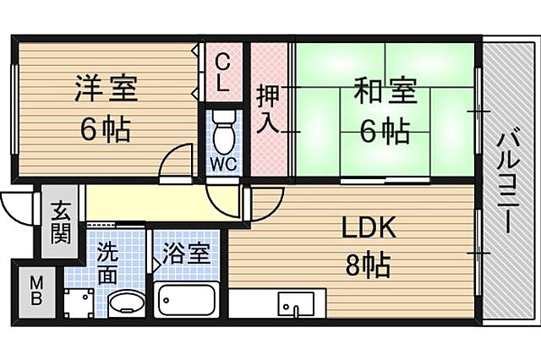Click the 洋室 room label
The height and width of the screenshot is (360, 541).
point(106,88)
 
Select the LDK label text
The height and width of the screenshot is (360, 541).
point(369,228)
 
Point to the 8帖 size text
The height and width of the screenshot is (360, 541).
point(368,266)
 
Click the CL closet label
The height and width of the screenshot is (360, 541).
point(223,71)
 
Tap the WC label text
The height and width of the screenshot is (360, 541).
point(222,161)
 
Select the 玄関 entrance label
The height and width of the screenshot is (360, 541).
point(59,221)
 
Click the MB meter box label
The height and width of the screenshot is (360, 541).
point(38,290)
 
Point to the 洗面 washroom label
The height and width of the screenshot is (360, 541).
point(107,261)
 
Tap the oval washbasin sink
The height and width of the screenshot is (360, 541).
point(127,303)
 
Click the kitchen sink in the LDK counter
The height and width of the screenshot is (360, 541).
point(297,302)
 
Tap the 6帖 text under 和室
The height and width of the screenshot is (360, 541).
point(385,131)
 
